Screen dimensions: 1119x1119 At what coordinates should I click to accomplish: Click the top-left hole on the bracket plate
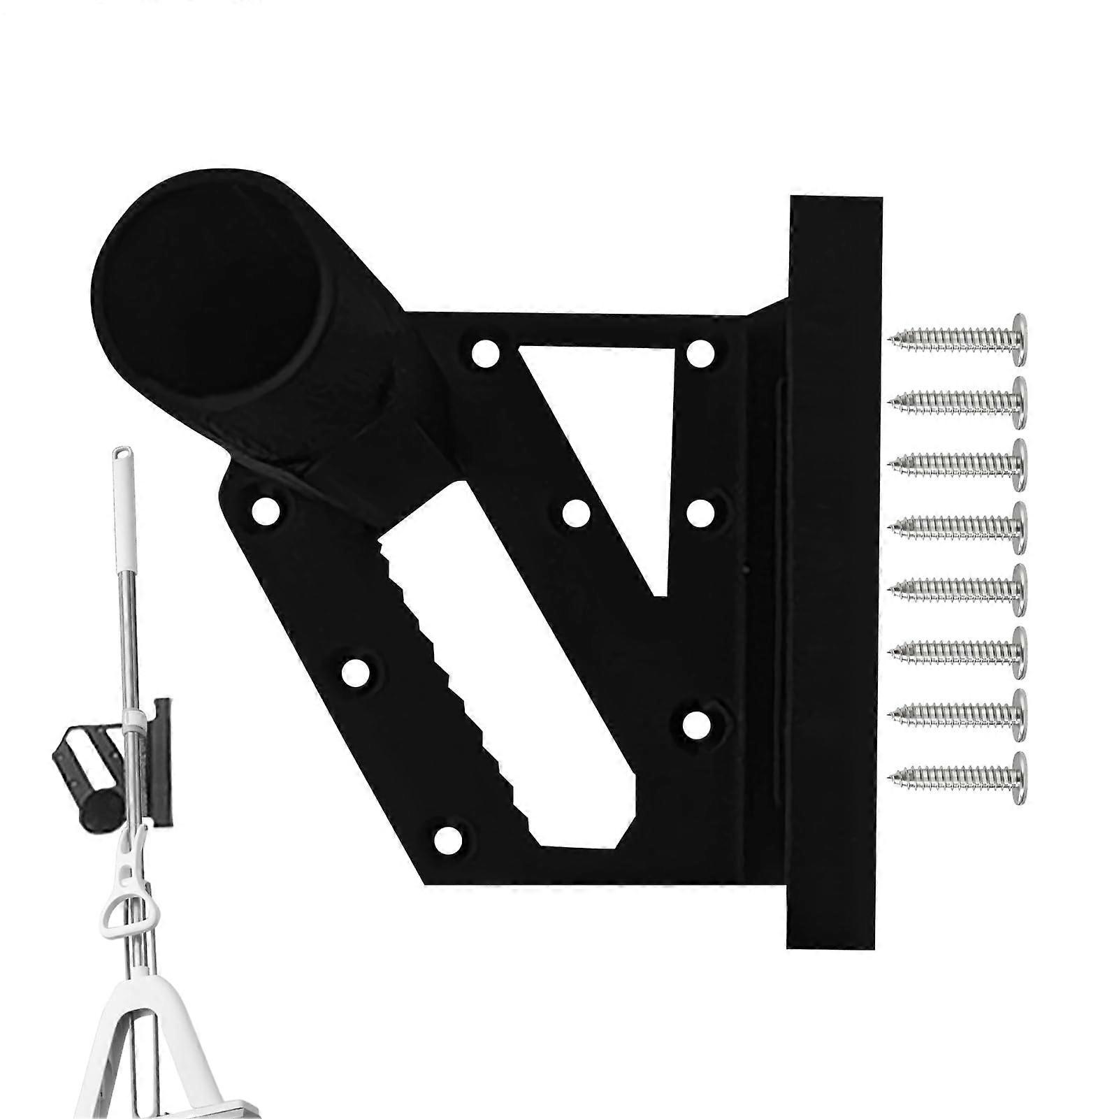click(x=482, y=353)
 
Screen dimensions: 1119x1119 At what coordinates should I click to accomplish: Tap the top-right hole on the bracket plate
click(x=700, y=354)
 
